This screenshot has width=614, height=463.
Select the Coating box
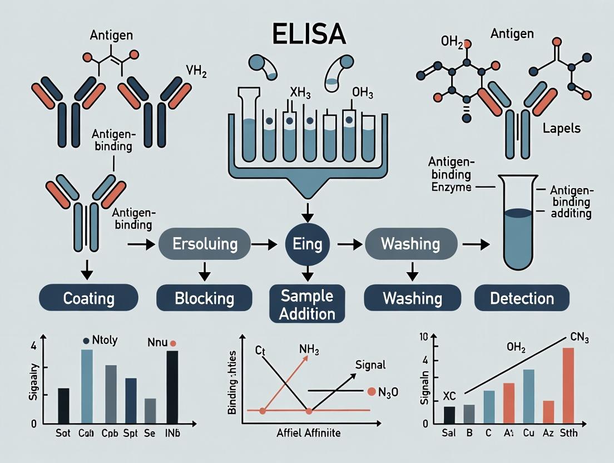[88, 298]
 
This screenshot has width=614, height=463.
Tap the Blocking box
[204, 298]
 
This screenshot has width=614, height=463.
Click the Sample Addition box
[307, 304]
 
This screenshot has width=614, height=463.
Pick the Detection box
[522, 298]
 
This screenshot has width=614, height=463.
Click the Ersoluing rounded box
[206, 244]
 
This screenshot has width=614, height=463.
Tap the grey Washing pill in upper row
[410, 244]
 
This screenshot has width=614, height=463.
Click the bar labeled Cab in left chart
[87, 386]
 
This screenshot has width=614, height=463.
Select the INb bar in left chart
[172, 387]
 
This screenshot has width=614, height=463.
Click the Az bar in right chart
[548, 412]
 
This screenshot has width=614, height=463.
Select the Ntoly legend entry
[100, 341]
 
